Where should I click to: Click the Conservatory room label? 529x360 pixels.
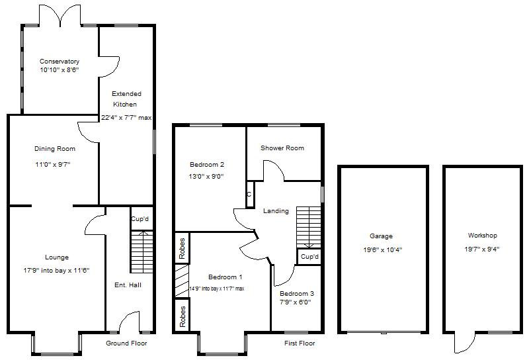coord(59,62)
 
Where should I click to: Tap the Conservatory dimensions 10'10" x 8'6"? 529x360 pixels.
coord(59,69)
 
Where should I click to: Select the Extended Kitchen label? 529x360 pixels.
coord(125,99)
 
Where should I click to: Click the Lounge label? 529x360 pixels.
coord(57,257)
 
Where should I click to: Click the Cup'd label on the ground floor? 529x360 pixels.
coord(140,219)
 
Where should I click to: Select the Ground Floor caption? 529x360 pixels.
coord(126,343)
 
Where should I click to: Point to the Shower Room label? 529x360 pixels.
coord(282,148)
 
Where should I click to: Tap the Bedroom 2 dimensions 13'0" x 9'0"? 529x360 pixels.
coord(206,176)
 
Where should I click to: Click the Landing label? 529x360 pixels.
coord(276,211)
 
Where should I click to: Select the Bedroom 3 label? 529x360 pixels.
coord(296,293)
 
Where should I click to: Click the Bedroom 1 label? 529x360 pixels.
coord(225,277)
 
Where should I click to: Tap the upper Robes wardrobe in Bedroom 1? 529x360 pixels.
coord(182,248)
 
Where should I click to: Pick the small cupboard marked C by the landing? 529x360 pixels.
coord(249,195)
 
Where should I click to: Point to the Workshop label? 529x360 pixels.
coord(482,236)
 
